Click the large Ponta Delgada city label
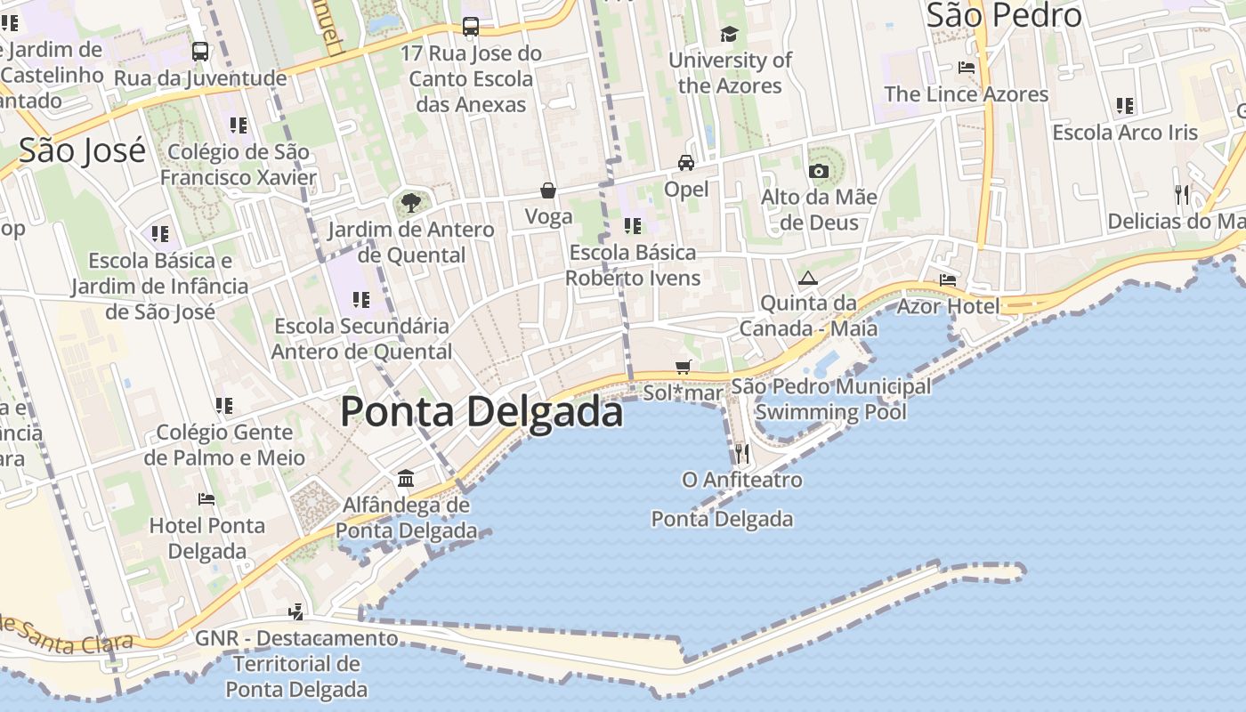(481, 412)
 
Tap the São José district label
(82, 150)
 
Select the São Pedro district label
(1004, 15)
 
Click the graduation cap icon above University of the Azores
(730, 35)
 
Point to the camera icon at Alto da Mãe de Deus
(819, 171)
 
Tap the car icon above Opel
(686, 163)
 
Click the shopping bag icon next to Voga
(548, 190)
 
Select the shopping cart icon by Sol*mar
(684, 367)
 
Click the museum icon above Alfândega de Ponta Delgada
(406, 479)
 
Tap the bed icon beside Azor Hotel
(948, 279)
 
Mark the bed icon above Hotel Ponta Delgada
(206, 499)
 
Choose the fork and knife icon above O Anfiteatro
(741, 454)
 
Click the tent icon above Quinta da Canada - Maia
(808, 278)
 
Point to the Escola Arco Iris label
(1125, 133)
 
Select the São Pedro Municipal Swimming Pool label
(831, 399)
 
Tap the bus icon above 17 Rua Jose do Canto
(470, 27)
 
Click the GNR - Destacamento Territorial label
(296, 663)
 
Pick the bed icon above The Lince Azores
(966, 68)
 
